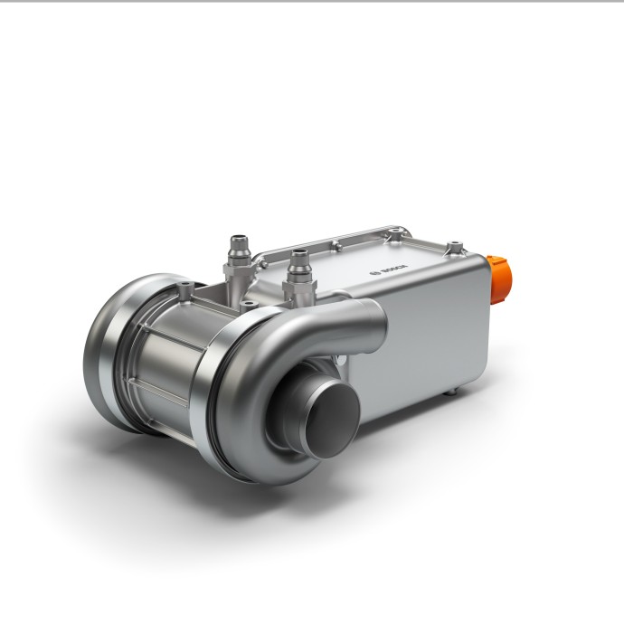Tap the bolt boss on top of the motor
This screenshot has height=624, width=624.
tap(185, 289)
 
